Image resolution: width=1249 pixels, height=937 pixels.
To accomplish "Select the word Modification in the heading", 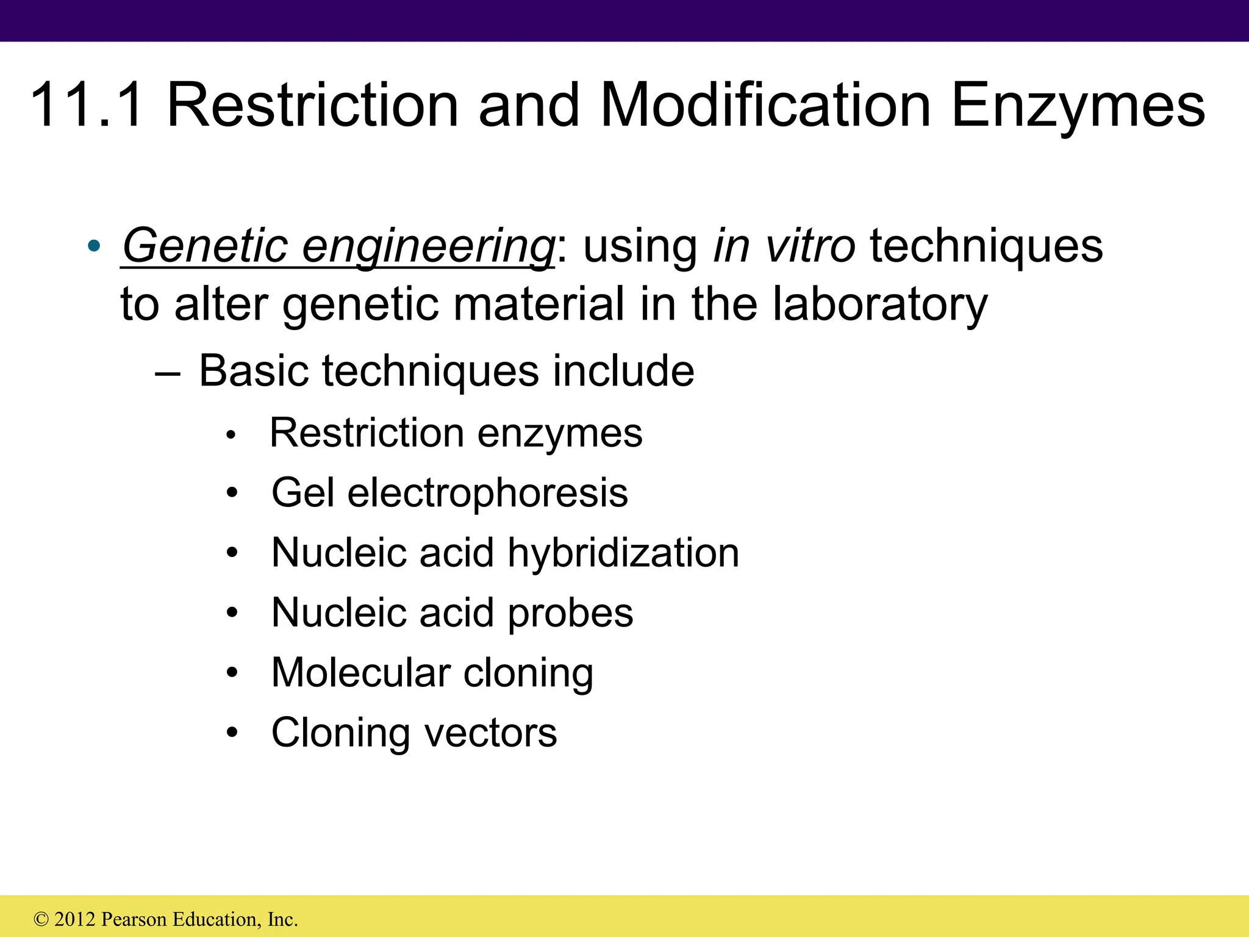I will pos(765,106).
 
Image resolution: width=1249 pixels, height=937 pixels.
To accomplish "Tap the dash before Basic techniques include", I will pos(168,372).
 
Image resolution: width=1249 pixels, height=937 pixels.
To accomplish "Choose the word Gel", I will pos(302,493).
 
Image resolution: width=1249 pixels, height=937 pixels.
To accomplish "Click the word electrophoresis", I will pos(487,493).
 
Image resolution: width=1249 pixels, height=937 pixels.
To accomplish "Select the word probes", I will pos(570,613).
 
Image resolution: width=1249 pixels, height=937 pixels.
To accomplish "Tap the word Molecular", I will pos(360,673).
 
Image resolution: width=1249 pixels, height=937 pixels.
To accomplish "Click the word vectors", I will pos(490,732).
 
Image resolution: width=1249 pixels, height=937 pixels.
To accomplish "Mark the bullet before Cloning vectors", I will pos(232,733).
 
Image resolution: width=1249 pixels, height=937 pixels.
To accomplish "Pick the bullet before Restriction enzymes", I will pos(231,436).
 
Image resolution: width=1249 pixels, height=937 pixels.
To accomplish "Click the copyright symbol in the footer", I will pos(41,919).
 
